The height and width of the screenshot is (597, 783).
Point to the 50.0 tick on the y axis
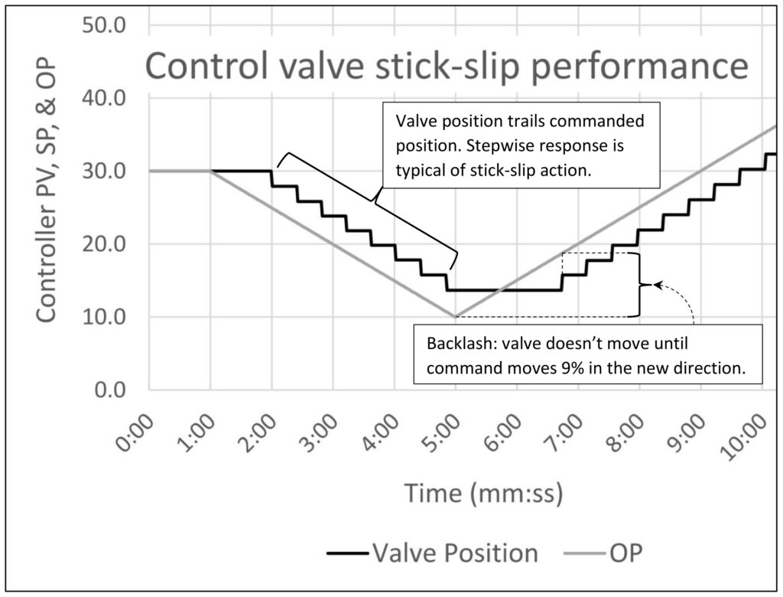(105, 26)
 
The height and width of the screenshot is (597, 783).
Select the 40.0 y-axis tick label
(105, 99)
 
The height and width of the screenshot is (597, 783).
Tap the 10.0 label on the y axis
(105, 317)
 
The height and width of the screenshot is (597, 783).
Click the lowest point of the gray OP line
(456, 316)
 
